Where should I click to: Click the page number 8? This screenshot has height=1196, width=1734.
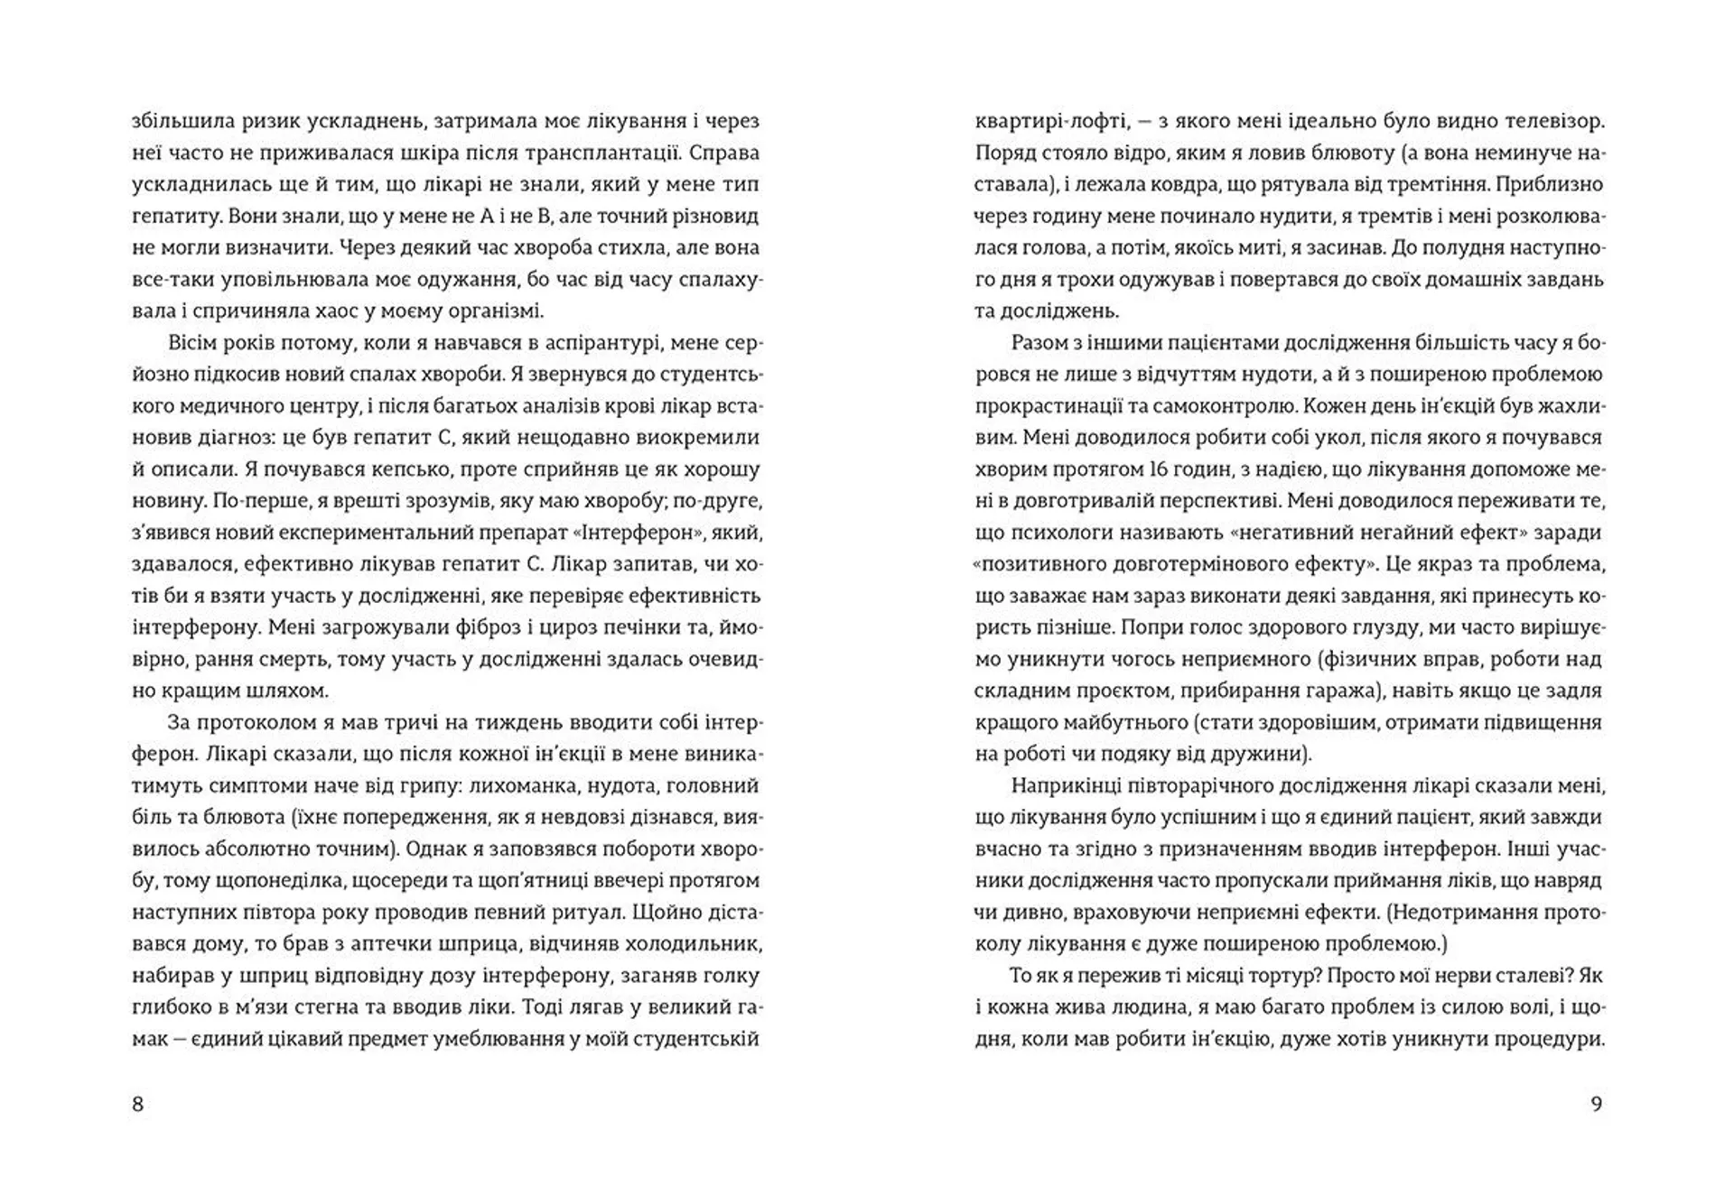[137, 1104]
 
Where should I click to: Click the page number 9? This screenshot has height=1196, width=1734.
[1596, 1104]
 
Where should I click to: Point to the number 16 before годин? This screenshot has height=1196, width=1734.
[1160, 469]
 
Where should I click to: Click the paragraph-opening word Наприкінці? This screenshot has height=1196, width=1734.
[1065, 785]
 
